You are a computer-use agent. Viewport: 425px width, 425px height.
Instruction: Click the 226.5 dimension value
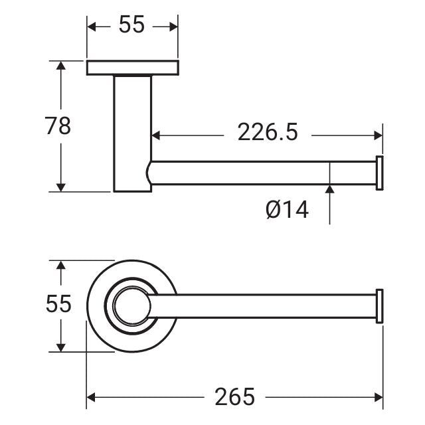[268, 133]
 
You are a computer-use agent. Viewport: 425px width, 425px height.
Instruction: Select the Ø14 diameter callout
[287, 210]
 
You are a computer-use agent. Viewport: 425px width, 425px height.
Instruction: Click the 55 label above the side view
[131, 25]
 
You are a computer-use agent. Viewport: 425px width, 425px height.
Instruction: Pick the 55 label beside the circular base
[58, 304]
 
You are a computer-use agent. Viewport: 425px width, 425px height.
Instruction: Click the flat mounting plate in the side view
[132, 68]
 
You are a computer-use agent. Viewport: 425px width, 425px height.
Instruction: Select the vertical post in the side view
[132, 133]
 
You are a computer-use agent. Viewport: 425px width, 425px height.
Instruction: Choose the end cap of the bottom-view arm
[379, 307]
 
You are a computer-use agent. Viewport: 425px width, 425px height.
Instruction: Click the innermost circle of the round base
[128, 307]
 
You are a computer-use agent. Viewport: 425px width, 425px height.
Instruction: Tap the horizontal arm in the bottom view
[266, 307]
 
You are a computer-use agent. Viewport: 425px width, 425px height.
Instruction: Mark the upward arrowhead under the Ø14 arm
[329, 190]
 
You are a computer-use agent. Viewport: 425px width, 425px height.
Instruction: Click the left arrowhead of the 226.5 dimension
[157, 135]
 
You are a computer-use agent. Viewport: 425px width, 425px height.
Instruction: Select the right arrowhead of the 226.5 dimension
[378, 135]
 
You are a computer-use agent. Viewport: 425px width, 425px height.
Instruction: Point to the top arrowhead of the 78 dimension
[61, 66]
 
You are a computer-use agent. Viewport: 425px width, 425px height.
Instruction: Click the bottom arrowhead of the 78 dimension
[61, 187]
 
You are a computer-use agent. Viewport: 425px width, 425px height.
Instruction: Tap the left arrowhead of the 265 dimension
[92, 397]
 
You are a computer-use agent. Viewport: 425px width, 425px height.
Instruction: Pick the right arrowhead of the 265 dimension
[378, 397]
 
